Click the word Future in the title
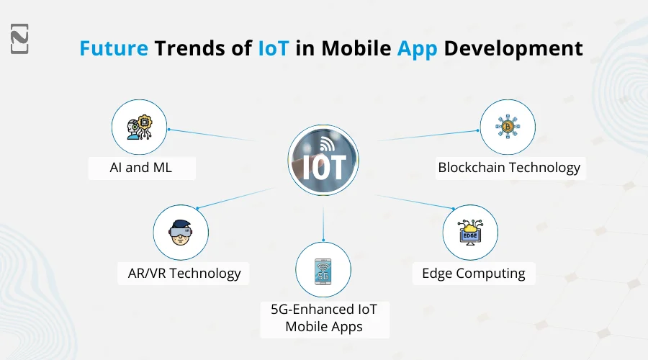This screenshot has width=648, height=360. point(114,48)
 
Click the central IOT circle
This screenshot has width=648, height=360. point(323,159)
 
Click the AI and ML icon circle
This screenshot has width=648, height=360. point(138,127)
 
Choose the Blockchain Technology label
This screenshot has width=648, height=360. point(509,168)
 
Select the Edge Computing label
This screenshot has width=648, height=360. point(473,273)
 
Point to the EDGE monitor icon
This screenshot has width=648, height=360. point(470,232)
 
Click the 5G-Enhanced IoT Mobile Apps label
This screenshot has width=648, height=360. point(324,318)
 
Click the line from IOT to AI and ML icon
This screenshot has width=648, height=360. point(212,135)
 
